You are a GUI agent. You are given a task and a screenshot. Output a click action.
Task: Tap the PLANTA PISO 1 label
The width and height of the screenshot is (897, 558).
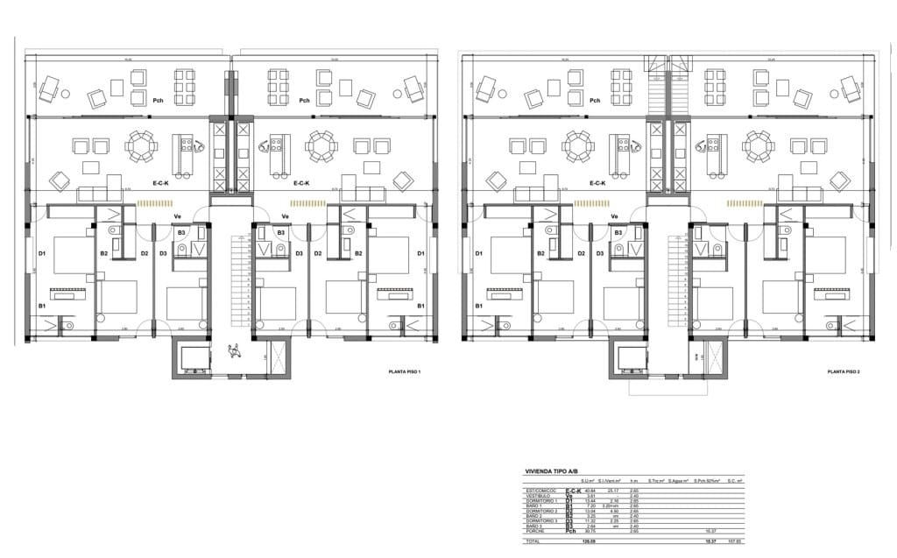point(406,372)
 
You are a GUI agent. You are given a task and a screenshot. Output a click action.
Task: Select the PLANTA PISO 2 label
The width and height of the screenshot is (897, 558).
point(844,372)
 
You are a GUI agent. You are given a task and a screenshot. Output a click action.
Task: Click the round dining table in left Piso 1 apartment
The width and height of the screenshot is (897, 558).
point(141,146)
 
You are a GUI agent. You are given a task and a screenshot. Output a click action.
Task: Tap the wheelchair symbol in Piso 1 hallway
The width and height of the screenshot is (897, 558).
point(233,351)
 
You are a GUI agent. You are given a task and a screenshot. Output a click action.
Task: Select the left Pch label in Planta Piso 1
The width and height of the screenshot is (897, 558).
point(158,101)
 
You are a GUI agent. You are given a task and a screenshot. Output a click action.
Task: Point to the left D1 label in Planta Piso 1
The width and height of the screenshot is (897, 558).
point(42,254)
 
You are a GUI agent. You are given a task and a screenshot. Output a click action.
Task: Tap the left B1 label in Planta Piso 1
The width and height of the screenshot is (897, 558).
point(41,306)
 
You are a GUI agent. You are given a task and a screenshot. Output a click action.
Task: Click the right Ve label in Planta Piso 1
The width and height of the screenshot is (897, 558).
point(285,217)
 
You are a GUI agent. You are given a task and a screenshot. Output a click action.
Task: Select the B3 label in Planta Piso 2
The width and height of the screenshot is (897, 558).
point(618,233)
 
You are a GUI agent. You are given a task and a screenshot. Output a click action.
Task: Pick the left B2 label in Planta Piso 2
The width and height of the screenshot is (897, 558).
point(540,254)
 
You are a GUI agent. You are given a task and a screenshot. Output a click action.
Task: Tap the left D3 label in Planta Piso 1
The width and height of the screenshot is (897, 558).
point(163,254)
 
